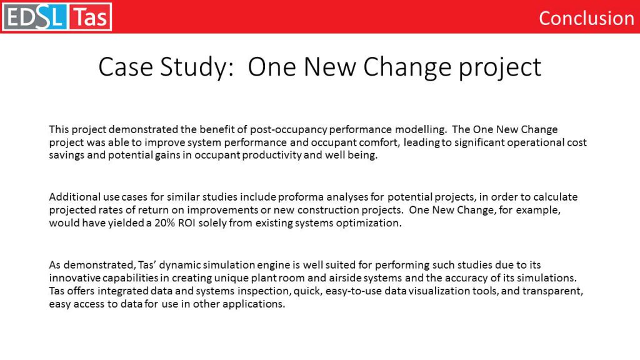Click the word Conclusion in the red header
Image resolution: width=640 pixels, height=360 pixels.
coord(586,18)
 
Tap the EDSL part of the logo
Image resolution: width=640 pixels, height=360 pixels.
coord(35,17)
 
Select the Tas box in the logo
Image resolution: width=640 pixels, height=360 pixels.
coord(90,17)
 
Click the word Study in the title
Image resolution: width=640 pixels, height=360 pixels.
coord(196,67)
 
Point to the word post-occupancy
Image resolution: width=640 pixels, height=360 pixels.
coord(289,130)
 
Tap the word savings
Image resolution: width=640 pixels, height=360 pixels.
coord(66,156)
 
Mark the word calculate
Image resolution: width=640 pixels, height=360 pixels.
coord(556,197)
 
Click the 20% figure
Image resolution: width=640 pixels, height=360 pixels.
coord(164,223)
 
